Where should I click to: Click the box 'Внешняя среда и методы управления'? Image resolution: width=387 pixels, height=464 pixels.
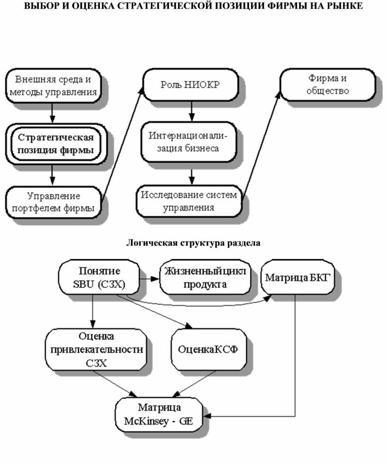53,85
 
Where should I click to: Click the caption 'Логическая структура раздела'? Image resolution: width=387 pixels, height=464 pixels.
193,243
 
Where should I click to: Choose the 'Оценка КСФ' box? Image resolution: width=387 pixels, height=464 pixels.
208,350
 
